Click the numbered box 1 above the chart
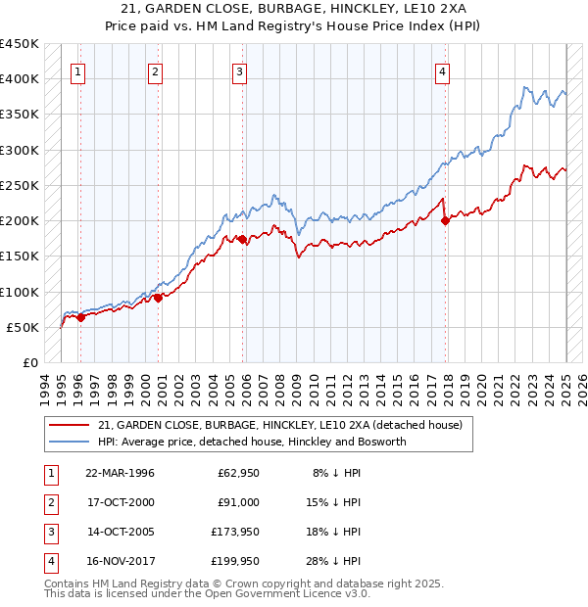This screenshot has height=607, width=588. [77, 70]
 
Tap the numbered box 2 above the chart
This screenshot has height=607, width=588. [156, 70]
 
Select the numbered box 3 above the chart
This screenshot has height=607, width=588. [240, 70]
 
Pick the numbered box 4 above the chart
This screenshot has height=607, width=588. [443, 70]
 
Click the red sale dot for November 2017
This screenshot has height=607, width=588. [446, 220]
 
